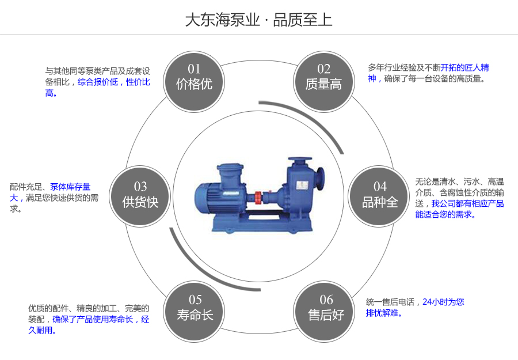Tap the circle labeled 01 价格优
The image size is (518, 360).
pos(194,77)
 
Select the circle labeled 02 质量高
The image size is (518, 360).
pos(323,77)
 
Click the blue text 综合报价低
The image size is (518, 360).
pos(98,82)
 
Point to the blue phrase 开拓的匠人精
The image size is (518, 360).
pos(464,67)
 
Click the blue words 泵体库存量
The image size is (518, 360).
pos(70,187)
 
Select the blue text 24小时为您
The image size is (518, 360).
pos(443,302)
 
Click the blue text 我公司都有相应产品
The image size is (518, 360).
pos(467,203)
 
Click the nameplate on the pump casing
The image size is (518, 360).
pos(299,185)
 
